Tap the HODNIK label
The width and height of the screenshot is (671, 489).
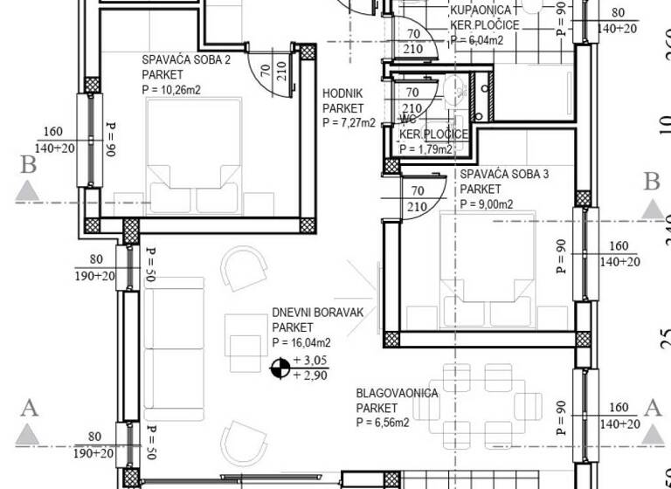(x=342, y=94)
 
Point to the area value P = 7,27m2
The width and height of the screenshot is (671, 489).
(x=349, y=123)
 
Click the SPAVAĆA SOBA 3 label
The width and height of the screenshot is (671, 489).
(x=504, y=175)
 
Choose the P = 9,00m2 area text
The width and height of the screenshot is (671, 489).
(x=487, y=204)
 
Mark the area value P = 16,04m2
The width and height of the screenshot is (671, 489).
(x=301, y=342)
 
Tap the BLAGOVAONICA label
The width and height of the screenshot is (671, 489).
(x=397, y=394)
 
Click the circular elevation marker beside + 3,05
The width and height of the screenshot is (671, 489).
(x=280, y=368)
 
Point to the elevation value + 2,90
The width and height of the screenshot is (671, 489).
(x=310, y=375)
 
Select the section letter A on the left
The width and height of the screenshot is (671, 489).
(x=29, y=406)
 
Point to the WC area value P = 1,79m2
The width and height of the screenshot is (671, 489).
(x=426, y=148)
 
